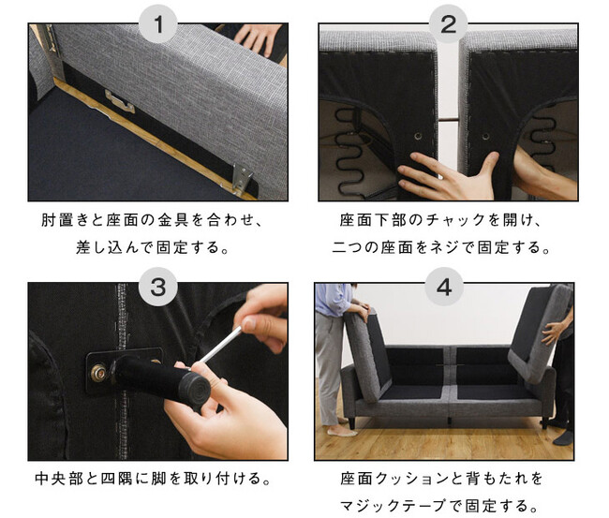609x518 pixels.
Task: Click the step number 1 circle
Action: tap(158, 23)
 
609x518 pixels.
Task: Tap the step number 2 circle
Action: tap(448, 23)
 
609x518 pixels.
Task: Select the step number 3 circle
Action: tap(158, 287)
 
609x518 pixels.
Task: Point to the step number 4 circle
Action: tap(444, 287)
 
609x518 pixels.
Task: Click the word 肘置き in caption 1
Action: tap(67, 220)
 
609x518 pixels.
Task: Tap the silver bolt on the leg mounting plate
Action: tap(98, 373)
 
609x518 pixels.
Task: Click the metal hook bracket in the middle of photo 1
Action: tap(119, 101)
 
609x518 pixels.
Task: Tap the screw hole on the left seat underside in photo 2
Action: tap(418, 136)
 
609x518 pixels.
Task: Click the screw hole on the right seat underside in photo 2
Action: tap(485, 137)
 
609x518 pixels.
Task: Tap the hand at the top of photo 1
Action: tap(259, 37)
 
